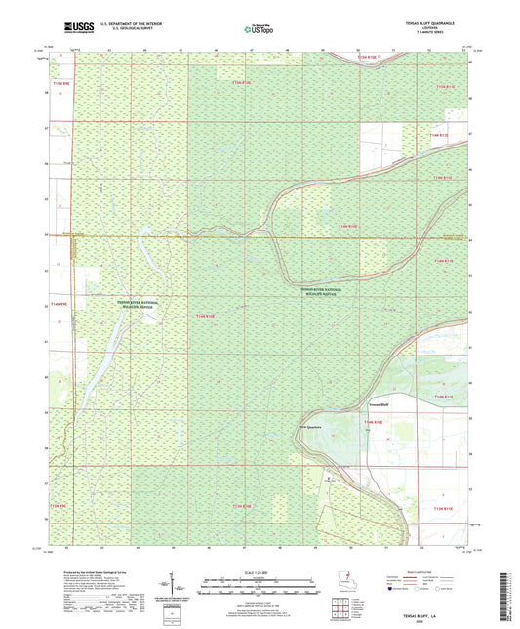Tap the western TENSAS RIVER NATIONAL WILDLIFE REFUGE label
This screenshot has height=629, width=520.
[140, 305]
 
